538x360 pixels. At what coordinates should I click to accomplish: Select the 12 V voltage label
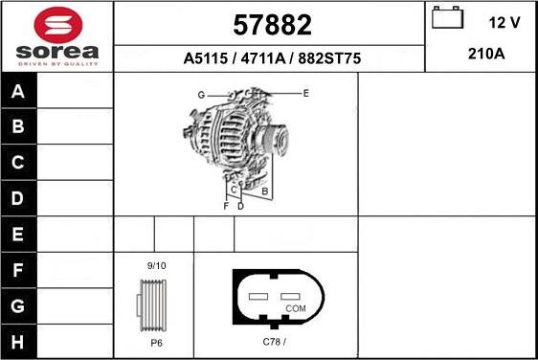[x=504, y=21]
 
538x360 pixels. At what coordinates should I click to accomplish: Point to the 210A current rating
[x=486, y=54]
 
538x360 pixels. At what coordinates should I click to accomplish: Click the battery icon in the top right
[x=446, y=19]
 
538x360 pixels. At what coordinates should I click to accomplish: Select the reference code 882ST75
[x=328, y=58]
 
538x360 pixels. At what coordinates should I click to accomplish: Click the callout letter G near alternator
[x=202, y=95]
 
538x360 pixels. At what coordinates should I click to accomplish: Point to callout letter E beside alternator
[x=305, y=93]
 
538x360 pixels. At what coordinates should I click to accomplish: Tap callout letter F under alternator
[x=226, y=206]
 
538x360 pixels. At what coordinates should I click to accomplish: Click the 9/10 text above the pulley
[x=156, y=264]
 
